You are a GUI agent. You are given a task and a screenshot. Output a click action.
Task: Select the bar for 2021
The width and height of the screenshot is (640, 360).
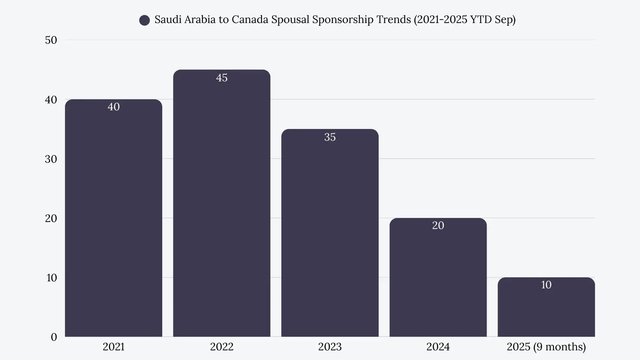pos(113,220)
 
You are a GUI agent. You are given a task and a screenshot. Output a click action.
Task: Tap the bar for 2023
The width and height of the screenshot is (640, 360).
pos(330,233)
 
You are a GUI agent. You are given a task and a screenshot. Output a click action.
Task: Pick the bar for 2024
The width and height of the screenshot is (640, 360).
pos(438,280)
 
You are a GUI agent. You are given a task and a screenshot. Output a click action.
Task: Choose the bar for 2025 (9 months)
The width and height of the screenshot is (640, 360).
pos(546,310)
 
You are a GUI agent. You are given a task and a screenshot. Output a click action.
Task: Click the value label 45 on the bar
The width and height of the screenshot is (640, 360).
pos(222,78)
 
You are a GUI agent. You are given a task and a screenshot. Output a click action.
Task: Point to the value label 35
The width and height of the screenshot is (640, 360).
pos(330,137)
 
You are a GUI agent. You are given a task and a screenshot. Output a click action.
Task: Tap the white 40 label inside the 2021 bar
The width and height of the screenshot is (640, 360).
pos(113,107)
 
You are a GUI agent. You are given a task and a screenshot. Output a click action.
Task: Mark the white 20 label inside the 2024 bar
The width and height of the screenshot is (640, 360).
pos(438,225)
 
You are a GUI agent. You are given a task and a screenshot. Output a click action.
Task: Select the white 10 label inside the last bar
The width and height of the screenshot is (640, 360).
pos(546,285)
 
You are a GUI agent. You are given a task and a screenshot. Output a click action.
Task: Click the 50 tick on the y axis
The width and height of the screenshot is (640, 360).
pos(51,40)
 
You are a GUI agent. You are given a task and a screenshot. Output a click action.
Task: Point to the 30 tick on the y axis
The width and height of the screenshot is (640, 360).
pos(51,159)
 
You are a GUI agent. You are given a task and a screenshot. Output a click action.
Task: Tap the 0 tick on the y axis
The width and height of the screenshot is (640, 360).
pos(54,337)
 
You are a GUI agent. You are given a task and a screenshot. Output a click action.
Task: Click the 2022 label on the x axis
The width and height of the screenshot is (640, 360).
pos(222,347)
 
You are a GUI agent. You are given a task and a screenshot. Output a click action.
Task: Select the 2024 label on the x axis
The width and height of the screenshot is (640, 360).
pos(438,347)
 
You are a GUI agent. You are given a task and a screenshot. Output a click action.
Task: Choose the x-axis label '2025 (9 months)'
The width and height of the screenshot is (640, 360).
pos(546,347)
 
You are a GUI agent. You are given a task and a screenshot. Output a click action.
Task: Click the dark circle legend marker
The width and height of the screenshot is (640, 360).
pos(144,20)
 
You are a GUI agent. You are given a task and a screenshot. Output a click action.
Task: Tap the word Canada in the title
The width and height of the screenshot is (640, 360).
pos(250,19)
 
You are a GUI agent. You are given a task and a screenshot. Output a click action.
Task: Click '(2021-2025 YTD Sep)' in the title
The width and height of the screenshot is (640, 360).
pos(465,19)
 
